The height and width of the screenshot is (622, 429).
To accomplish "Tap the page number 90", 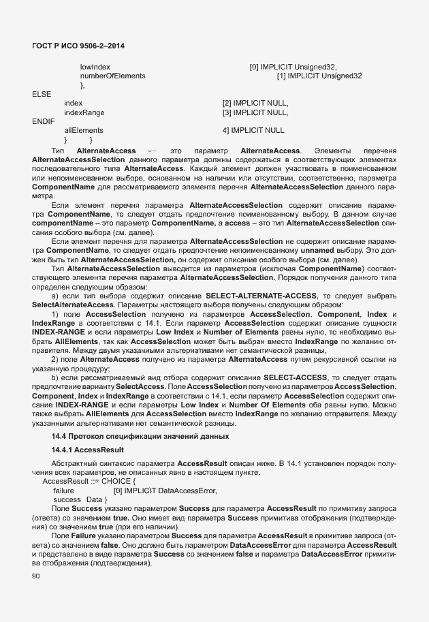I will [36, 577].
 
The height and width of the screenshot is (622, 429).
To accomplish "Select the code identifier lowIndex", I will [95, 67].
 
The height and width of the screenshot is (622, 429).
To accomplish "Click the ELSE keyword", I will [42, 94].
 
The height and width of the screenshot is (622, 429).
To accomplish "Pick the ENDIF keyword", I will [43, 121].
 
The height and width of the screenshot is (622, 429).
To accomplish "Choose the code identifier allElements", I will [84, 129].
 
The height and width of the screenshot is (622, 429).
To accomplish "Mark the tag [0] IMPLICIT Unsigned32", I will [293, 67].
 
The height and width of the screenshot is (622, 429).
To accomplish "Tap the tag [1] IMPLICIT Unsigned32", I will [319, 76].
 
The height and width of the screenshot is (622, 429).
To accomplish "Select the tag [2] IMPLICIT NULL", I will [255, 103].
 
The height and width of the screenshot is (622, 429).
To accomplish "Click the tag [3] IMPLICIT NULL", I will [255, 112].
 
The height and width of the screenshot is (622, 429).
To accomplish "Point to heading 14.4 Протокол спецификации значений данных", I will [140, 435].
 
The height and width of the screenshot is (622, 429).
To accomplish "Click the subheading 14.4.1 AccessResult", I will [87, 450].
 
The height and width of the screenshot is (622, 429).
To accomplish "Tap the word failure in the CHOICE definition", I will [63, 491].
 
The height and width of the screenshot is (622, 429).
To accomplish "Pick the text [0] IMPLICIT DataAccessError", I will [165, 491].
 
